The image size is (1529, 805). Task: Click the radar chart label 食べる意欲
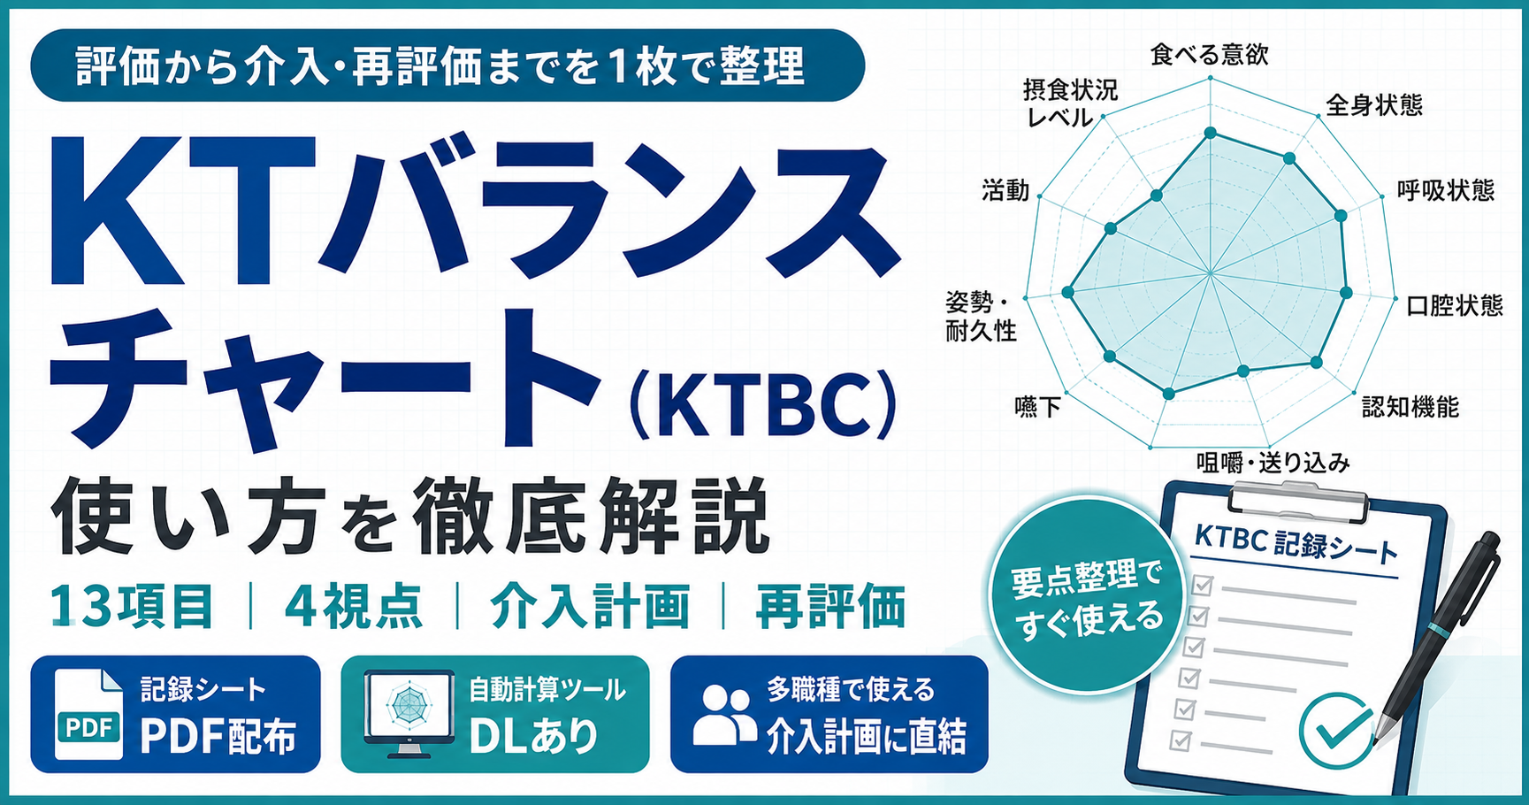click(x=1209, y=55)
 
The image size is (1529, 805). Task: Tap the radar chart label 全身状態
click(x=1374, y=105)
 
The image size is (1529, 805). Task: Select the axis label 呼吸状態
click(x=1446, y=190)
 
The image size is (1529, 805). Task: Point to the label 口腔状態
click(x=1455, y=305)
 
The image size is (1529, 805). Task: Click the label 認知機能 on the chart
click(x=1410, y=407)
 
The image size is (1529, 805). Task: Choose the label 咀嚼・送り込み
click(x=1273, y=463)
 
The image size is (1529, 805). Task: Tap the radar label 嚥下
click(x=1037, y=407)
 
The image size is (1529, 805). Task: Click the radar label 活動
click(x=1005, y=190)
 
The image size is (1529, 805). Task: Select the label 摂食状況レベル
click(x=1070, y=103)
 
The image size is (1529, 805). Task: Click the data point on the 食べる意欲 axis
click(x=1211, y=134)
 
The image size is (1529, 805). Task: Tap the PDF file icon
click(x=88, y=714)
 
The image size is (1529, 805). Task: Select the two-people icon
click(x=724, y=714)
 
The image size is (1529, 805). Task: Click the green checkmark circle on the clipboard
click(x=1336, y=731)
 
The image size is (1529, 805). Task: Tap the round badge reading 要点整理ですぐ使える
click(x=1087, y=594)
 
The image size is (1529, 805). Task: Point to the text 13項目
click(x=132, y=607)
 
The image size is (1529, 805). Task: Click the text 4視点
click(x=353, y=607)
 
